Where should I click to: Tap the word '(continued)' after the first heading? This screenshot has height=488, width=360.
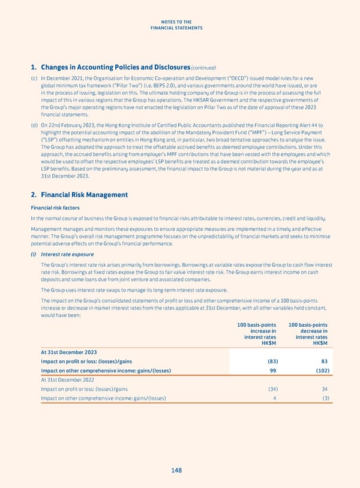[203, 68]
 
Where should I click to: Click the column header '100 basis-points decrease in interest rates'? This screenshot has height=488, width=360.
[309, 334]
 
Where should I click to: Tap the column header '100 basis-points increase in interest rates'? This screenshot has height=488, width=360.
[257, 334]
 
